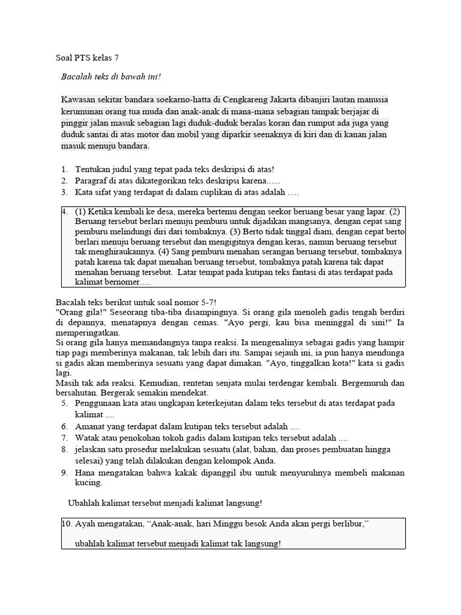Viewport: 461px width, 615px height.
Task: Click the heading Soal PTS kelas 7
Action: pyautogui.click(x=87, y=58)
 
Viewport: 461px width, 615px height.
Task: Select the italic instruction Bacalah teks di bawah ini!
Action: pyautogui.click(x=111, y=77)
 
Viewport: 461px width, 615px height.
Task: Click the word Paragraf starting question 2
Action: pyautogui.click(x=94, y=181)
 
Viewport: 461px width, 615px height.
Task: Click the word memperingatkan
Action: pyautogui.click(x=88, y=332)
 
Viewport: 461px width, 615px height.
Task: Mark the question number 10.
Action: pyautogui.click(x=68, y=524)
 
